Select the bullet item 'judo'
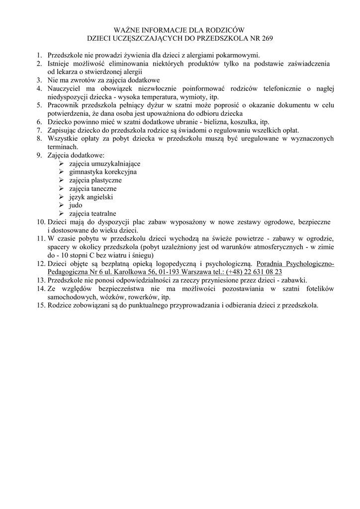tap(76, 205)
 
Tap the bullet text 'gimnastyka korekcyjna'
tap(103, 172)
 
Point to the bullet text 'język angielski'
tap(91, 197)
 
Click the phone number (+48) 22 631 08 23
tap(254, 272)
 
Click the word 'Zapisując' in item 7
tap(62, 130)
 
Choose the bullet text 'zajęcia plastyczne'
tap(95, 180)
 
